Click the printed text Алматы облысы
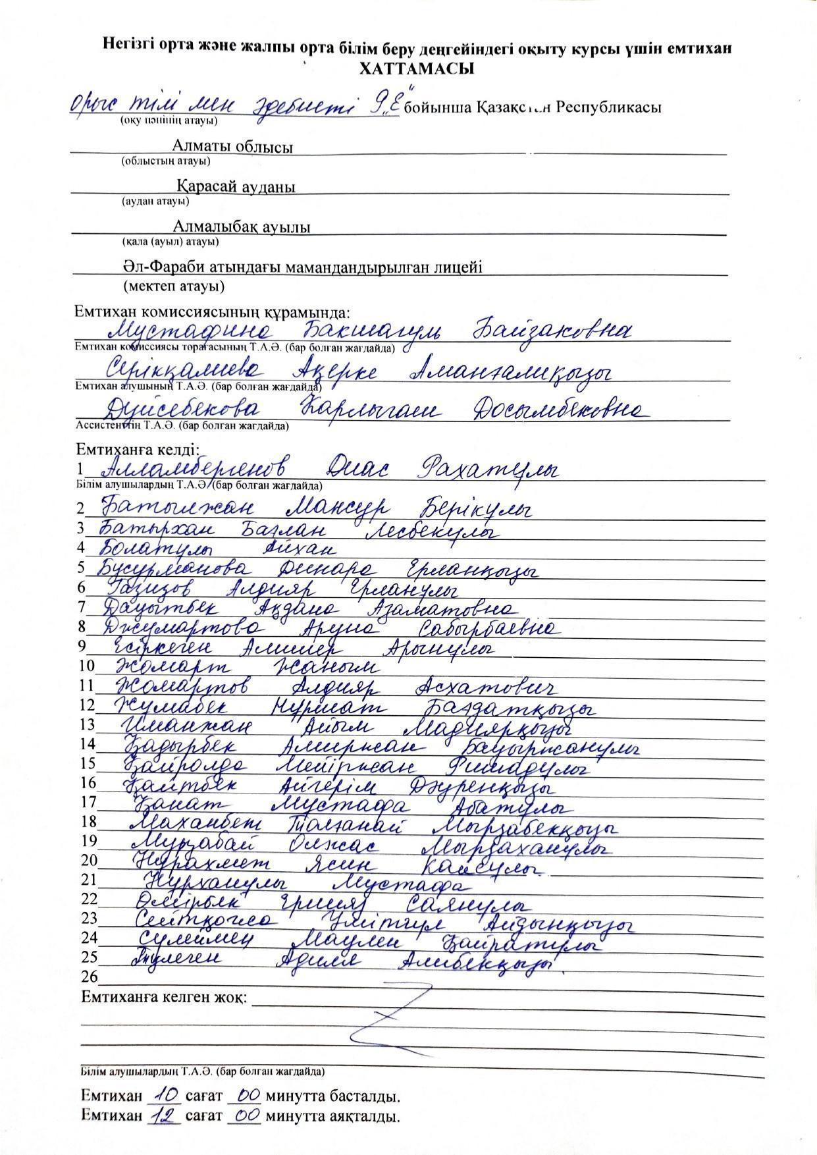click(x=232, y=147)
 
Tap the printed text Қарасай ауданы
click(x=236, y=187)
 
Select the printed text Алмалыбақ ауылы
click(x=242, y=227)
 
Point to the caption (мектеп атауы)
click(x=174, y=286)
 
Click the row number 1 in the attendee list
click(x=80, y=470)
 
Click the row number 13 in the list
click(x=88, y=725)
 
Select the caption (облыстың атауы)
click(x=166, y=161)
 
